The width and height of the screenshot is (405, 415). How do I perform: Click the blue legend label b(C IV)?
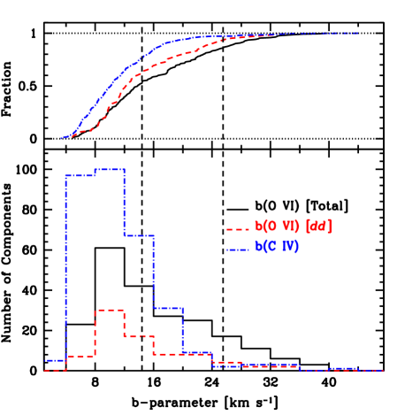coord(277,247)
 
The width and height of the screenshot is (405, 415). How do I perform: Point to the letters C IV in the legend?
coord(286,247)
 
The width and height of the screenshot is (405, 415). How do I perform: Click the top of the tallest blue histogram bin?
coord(110,168)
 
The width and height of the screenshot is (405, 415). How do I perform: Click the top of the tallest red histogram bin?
coord(110,310)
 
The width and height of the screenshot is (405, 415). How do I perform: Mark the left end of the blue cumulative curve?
coord(61,138)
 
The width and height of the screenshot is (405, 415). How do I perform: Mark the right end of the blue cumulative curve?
coord(357,34)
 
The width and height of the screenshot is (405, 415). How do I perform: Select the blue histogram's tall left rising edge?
coord(65,265)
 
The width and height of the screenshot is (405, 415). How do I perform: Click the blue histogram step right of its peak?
coord(139,235)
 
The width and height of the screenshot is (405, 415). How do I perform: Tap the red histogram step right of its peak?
coord(139,335)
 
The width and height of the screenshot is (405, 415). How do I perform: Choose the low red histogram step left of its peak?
coord(80,356)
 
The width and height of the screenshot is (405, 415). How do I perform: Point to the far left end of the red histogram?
coord(45,370)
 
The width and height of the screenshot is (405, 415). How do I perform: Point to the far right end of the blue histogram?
coord(382,370)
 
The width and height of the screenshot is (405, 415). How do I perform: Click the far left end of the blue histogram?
coord(46,361)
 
